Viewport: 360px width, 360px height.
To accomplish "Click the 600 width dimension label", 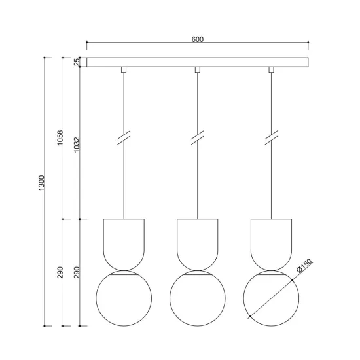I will coord(197,39).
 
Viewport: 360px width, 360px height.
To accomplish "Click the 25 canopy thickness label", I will coord(77,62).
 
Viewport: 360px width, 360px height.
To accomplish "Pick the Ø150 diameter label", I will coord(305,267).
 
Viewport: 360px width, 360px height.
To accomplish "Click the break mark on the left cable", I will coord(123,139).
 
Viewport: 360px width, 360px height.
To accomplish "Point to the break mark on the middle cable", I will coord(197,139).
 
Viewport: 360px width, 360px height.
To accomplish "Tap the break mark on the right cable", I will coord(270,139).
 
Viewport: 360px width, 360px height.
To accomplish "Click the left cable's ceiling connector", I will coord(123,69).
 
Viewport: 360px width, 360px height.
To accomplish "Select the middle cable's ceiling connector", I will coord(197,69).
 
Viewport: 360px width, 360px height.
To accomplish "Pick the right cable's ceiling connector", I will coord(270,69).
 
